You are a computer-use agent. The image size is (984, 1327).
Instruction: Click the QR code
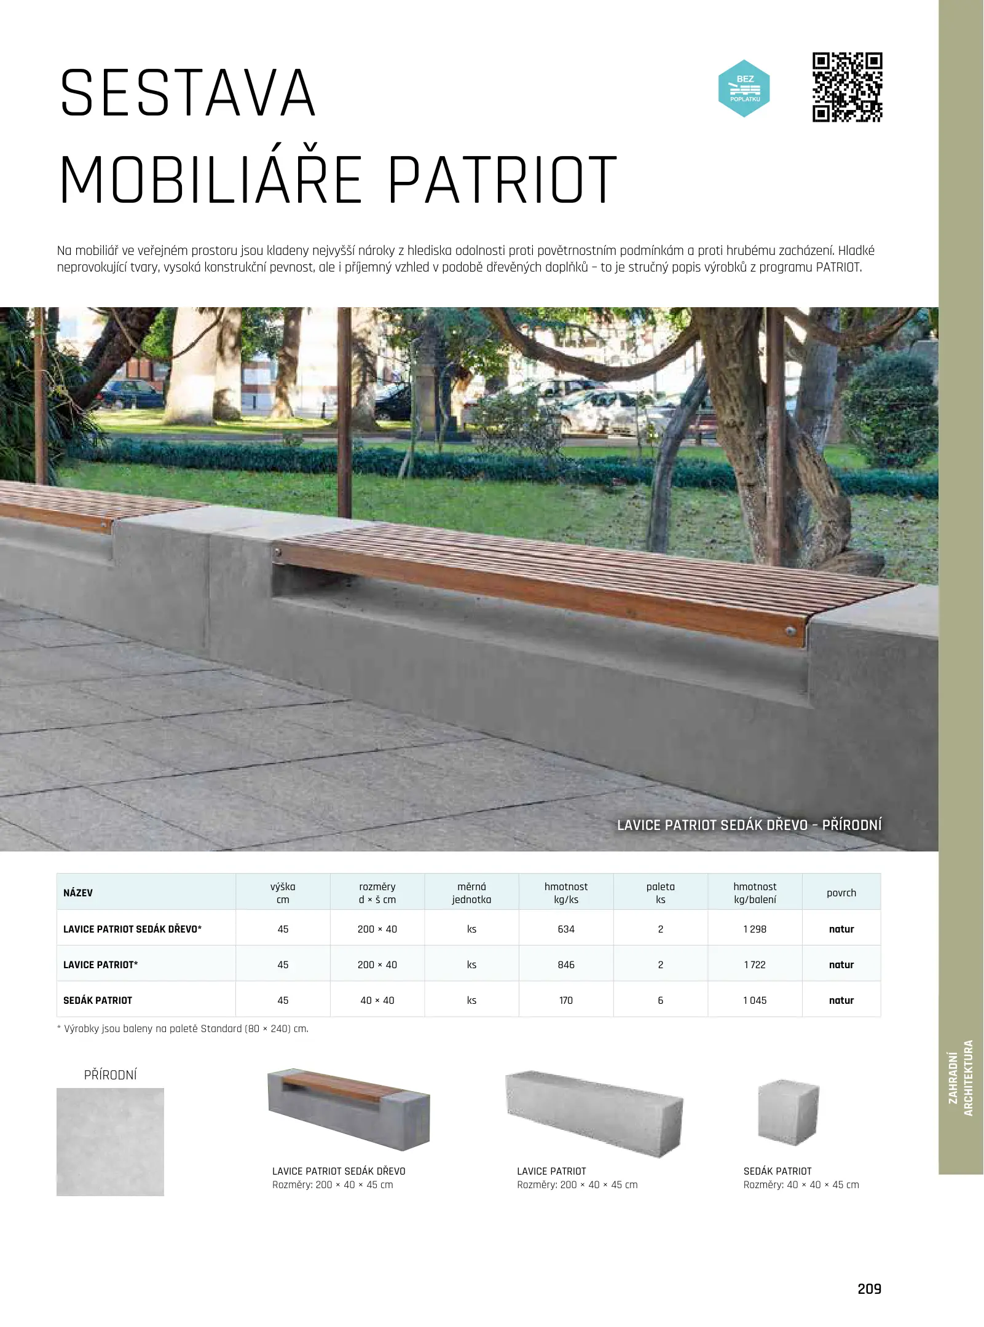847,87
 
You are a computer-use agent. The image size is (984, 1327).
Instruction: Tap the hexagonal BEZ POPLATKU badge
744,88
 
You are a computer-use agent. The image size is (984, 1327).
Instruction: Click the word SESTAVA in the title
188,93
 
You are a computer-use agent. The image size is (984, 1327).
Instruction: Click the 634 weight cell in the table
565,929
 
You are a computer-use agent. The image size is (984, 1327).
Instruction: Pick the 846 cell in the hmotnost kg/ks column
565,965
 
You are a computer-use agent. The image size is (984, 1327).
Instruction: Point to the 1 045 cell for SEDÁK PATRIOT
755,1000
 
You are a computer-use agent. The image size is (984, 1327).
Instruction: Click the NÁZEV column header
78,893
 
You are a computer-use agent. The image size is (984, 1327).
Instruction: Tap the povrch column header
841,893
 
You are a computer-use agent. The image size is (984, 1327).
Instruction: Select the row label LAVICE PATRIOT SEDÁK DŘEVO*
132,929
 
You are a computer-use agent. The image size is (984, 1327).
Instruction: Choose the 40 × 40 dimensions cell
377,1000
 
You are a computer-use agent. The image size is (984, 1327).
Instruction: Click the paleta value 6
660,1000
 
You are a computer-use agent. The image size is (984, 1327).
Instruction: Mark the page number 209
869,1289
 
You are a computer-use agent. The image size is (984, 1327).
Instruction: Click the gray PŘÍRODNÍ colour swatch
110,1141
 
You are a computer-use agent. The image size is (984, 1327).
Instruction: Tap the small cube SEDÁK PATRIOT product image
789,1113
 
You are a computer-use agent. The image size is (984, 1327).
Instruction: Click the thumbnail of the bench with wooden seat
348,1109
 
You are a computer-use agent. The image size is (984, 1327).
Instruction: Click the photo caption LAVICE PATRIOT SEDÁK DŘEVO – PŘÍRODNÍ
749,825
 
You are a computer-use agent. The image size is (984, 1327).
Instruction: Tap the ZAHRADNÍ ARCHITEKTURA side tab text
961,1078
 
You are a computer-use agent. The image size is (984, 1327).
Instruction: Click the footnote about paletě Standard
183,1029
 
